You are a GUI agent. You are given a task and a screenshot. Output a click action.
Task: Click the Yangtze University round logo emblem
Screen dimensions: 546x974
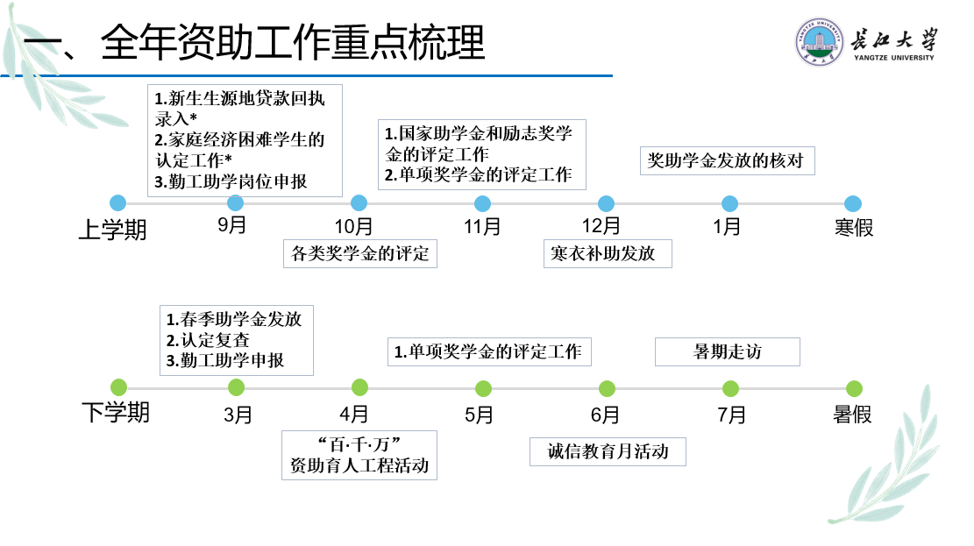(820, 41)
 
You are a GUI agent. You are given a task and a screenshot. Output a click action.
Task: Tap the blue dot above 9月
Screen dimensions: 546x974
(236, 203)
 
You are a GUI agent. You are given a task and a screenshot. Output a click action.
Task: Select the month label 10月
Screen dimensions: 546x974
(354, 227)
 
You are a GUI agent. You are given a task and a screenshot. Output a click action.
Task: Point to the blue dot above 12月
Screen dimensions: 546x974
(606, 203)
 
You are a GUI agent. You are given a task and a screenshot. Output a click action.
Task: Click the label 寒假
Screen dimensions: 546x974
(853, 228)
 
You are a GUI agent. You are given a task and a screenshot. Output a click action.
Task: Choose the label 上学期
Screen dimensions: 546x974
(113, 230)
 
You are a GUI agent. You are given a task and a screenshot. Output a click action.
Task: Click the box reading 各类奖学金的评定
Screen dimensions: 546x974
(360, 254)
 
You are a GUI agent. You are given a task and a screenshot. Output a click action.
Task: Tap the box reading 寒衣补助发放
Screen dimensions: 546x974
(607, 254)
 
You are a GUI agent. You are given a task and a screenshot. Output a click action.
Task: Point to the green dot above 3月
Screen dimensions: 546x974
(236, 387)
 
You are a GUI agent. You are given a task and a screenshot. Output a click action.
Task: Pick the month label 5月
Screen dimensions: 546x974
(480, 415)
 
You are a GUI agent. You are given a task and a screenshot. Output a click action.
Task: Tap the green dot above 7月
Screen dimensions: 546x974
(730, 388)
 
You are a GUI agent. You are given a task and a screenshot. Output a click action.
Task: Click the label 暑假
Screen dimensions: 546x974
(852, 415)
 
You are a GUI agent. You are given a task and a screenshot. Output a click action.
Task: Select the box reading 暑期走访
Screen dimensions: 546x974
(728, 351)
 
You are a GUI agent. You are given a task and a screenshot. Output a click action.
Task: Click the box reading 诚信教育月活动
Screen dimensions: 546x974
(608, 451)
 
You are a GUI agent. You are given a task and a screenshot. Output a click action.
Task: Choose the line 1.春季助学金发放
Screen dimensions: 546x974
(234, 319)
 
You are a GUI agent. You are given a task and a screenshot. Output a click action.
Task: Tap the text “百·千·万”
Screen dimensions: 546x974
(359, 443)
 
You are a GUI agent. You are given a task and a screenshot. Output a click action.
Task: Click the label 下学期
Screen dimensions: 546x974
(116, 412)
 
